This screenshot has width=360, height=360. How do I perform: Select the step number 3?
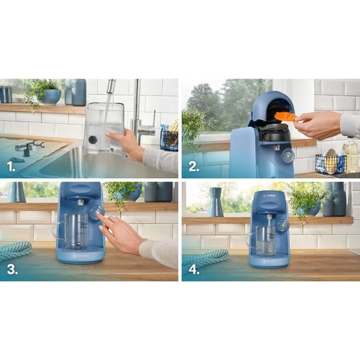tap(12, 268)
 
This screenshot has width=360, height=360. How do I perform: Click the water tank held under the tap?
tap(104, 127)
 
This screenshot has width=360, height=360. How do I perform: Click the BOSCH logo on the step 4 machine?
tap(269, 197)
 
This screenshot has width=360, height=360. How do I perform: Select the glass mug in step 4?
tap(264, 239)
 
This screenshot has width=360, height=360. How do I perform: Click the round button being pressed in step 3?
tap(96, 212)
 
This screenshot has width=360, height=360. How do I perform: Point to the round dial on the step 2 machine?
tap(288, 154)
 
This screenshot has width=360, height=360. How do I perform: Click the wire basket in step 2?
tap(330, 163)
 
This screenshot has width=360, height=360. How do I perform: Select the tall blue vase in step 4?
tap(216, 203)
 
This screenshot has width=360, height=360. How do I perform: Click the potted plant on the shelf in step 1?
tap(43, 92)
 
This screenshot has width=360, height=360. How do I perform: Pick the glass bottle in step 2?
tap(350, 155)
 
